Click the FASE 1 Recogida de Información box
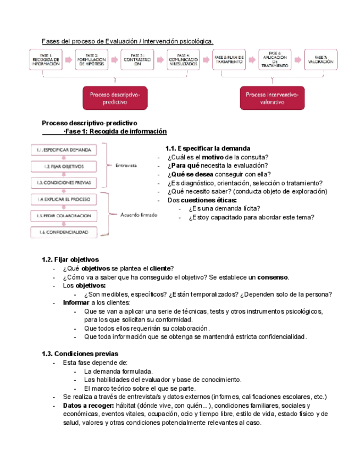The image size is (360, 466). [46, 60]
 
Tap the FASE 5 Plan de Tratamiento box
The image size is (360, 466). [229, 59]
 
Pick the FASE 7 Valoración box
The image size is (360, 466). [320, 59]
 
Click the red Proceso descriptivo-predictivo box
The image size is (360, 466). [115, 98]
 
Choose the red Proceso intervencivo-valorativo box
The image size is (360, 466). [272, 98]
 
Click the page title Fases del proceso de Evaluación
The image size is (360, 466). [128, 42]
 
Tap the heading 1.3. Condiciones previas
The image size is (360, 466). [80, 353]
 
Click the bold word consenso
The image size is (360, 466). [273, 277]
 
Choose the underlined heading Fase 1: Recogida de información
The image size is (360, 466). [115, 132]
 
